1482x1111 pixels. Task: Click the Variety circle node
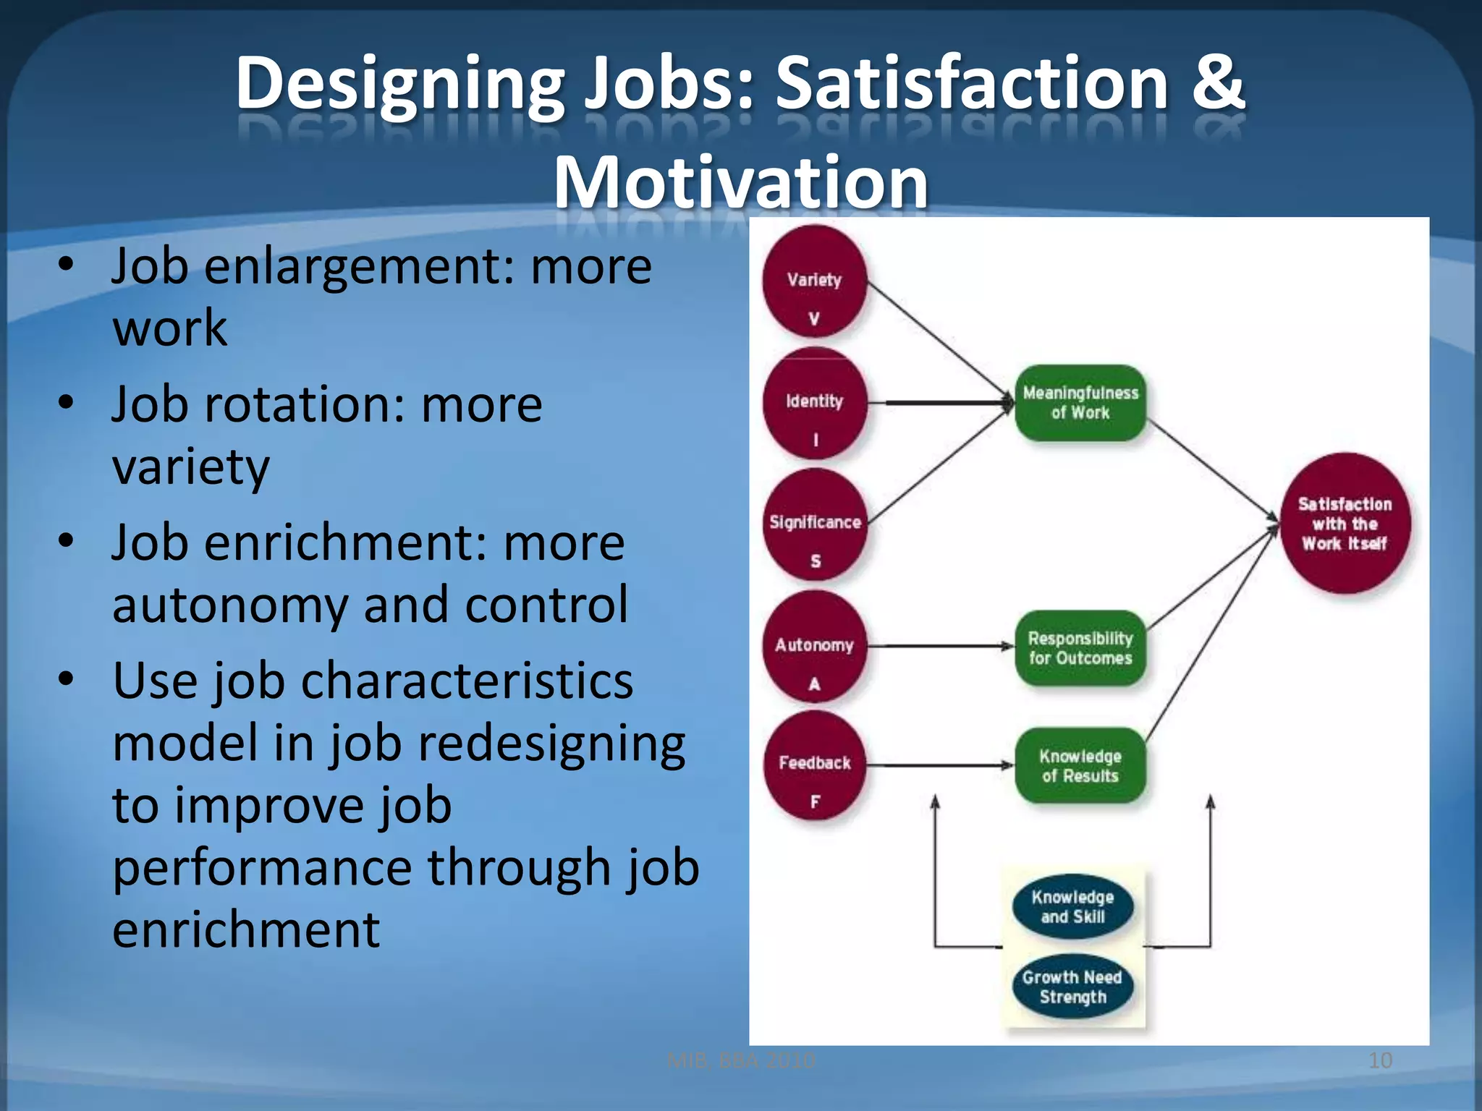pyautogui.click(x=815, y=282)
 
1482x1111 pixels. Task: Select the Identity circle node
pyautogui.click(x=815, y=404)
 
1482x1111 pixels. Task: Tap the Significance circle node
pyautogui.click(x=816, y=525)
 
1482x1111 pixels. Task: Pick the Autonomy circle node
pyautogui.click(x=815, y=647)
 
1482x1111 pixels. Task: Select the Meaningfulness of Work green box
pyautogui.click(x=1080, y=403)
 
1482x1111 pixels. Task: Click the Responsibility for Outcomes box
pyautogui.click(x=1080, y=648)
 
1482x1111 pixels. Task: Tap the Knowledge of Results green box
pyautogui.click(x=1080, y=766)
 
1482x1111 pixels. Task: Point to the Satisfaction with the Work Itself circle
pyautogui.click(x=1345, y=524)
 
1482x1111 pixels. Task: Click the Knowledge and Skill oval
pyautogui.click(x=1072, y=907)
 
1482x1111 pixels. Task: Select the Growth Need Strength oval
pyautogui.click(x=1072, y=987)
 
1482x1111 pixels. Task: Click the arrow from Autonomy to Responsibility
pyautogui.click(x=941, y=646)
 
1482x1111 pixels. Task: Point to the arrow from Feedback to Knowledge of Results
pyautogui.click(x=941, y=765)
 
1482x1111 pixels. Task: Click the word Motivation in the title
pyautogui.click(x=740, y=182)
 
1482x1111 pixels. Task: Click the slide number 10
pyautogui.click(x=1380, y=1061)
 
